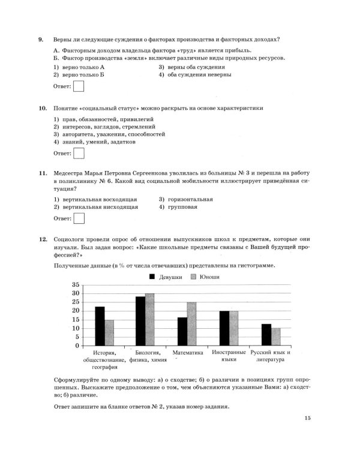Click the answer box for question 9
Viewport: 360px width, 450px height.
pos(78,88)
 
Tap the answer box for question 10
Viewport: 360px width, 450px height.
pos(78,154)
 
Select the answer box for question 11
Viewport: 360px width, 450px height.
pos(78,218)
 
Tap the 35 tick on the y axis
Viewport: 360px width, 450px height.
pos(75,284)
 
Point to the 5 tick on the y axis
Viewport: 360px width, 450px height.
pos(77,337)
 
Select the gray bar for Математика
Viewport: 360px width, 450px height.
pos(191,324)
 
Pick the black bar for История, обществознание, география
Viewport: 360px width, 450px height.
pos(100,326)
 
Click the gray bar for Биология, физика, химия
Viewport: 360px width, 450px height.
pos(150,320)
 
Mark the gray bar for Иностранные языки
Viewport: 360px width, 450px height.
pos(233,328)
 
